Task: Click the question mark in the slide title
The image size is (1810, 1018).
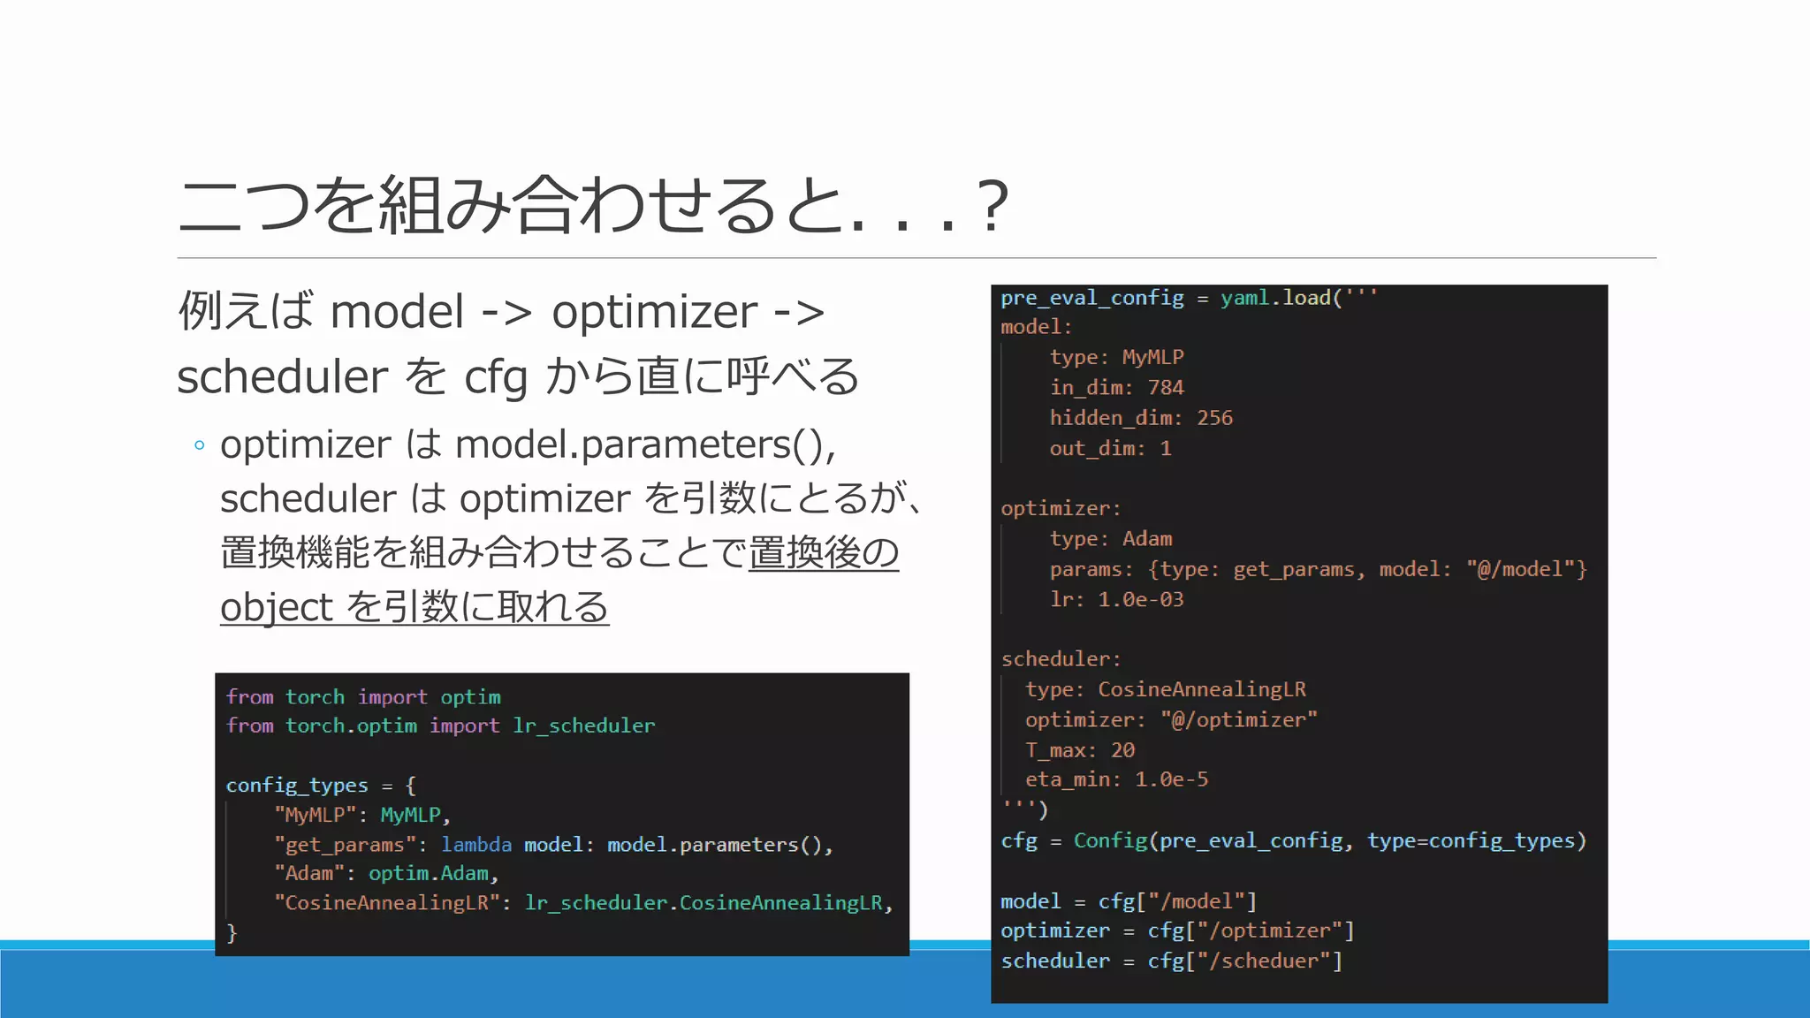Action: coord(993,206)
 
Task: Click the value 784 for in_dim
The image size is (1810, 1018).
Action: coord(1165,388)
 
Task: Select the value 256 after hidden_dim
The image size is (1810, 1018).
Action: coord(1214,418)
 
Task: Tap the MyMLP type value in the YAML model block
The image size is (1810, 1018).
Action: coord(1152,357)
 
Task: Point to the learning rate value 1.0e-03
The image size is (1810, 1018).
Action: coord(1140,599)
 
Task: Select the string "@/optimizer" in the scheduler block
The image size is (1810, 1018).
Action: coord(1238,720)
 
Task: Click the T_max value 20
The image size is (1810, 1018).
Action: coord(1122,750)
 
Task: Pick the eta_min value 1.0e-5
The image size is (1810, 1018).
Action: coord(1171,779)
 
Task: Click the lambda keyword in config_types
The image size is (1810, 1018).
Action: coord(476,845)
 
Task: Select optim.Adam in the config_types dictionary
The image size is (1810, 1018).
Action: coord(429,874)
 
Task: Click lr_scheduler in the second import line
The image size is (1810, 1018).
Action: coord(584,726)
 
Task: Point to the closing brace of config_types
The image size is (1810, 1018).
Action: coord(232,932)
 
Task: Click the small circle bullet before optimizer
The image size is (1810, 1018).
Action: coord(200,445)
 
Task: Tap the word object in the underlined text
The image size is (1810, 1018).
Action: coord(276,607)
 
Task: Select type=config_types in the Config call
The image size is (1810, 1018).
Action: coord(1476,840)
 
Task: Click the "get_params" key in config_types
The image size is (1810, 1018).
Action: coord(345,845)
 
